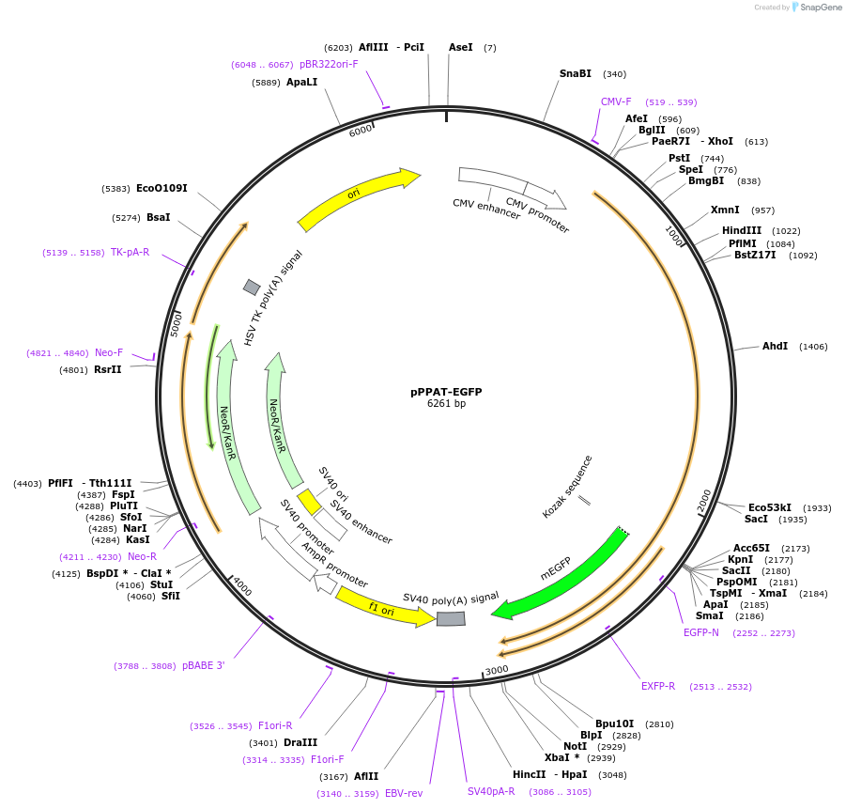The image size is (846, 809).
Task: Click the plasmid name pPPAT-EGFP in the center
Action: click(x=446, y=392)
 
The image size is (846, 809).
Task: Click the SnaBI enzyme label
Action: click(x=576, y=73)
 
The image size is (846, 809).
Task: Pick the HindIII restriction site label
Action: click(x=742, y=230)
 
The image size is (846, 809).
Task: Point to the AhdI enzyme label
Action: click(x=775, y=347)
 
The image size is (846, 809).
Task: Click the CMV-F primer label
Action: click(x=616, y=101)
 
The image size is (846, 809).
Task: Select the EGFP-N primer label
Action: click(x=701, y=632)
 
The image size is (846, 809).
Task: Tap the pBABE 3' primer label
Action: click(x=204, y=666)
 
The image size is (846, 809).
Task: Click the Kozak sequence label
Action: click(x=567, y=487)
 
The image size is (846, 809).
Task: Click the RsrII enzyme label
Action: click(x=108, y=369)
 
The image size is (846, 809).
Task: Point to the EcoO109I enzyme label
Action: click(x=162, y=188)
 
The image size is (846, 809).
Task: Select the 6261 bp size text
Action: click(x=446, y=404)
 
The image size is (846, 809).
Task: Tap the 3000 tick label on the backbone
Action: click(x=497, y=670)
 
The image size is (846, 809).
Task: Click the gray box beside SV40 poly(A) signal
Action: click(x=451, y=618)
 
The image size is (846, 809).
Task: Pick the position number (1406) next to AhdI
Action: click(x=813, y=347)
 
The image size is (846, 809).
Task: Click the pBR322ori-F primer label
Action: click(x=329, y=64)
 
